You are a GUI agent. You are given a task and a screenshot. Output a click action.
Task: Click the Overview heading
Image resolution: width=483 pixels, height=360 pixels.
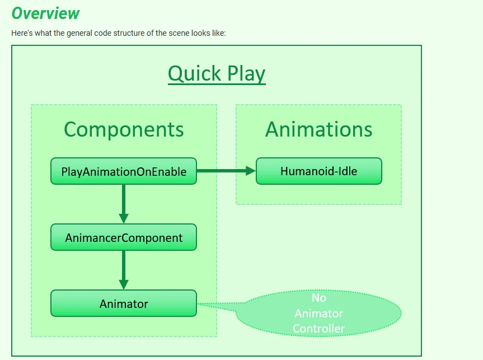pyautogui.click(x=45, y=13)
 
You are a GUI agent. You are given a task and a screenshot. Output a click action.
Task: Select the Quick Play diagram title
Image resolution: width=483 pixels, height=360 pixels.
pyautogui.click(x=217, y=73)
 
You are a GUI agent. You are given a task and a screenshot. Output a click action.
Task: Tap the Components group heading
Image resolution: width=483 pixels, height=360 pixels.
pyautogui.click(x=124, y=129)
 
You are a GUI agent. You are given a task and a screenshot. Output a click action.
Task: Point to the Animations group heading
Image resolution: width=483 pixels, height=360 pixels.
pyautogui.click(x=318, y=129)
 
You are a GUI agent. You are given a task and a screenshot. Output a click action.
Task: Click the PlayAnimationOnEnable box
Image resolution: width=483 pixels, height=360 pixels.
pyautogui.click(x=124, y=171)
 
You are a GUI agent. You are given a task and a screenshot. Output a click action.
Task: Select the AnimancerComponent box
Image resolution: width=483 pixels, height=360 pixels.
pyautogui.click(x=124, y=237)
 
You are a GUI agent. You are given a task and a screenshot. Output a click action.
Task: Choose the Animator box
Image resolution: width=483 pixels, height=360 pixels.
pyautogui.click(x=124, y=303)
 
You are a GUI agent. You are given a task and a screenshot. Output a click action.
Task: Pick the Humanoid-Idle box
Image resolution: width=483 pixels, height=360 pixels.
pyautogui.click(x=318, y=171)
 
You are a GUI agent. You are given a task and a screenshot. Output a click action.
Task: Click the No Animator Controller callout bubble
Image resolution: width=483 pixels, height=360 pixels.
pyautogui.click(x=319, y=313)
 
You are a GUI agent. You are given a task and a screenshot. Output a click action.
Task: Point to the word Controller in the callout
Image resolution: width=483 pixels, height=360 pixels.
pyautogui.click(x=318, y=328)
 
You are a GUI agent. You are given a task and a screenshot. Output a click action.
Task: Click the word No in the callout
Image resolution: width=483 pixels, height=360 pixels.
pyautogui.click(x=318, y=298)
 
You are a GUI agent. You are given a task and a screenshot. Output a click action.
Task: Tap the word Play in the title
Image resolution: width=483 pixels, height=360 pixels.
pyautogui.click(x=246, y=73)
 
